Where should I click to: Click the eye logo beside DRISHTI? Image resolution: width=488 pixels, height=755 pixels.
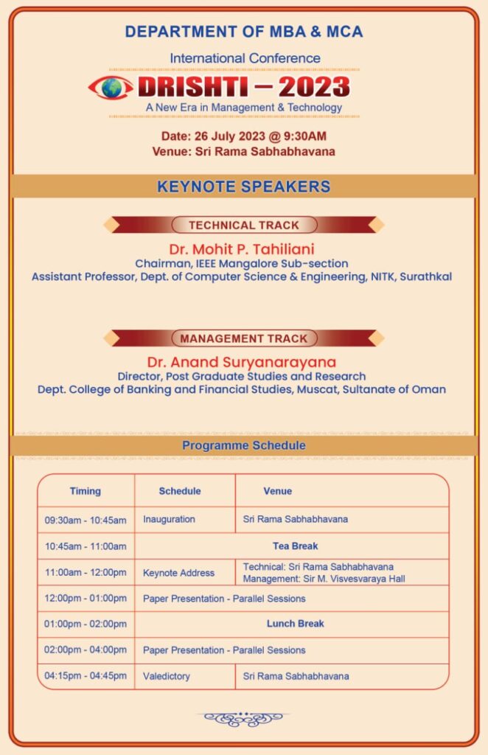click(x=111, y=88)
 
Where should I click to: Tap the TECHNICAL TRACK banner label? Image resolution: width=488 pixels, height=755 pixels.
click(x=244, y=225)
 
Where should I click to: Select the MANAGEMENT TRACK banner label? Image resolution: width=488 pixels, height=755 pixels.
click(x=244, y=338)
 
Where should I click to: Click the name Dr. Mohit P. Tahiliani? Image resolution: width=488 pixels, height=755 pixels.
click(x=242, y=248)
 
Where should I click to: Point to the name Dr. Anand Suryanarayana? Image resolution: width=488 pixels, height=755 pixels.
click(x=242, y=362)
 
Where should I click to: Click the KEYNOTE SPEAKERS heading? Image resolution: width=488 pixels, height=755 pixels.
click(x=243, y=187)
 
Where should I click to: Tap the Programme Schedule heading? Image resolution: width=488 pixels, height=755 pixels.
click(x=243, y=445)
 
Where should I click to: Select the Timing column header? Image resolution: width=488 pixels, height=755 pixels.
click(x=86, y=491)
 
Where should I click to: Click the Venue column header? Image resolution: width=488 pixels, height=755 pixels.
click(x=277, y=491)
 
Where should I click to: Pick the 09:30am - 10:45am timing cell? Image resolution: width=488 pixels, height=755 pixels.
click(x=86, y=520)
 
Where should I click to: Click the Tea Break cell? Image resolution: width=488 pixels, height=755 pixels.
click(x=295, y=546)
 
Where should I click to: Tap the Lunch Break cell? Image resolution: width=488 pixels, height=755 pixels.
click(x=295, y=624)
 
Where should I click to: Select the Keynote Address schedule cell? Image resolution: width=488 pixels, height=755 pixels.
click(x=178, y=573)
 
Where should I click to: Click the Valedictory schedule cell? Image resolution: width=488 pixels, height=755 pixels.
click(x=167, y=676)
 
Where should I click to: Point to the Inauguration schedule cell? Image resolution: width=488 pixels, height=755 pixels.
click(x=169, y=520)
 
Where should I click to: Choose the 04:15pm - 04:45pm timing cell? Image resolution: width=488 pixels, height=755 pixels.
click(x=86, y=676)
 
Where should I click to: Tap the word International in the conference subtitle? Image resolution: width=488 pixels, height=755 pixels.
click(x=202, y=58)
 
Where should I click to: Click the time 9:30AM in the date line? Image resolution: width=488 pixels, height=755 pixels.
click(x=302, y=136)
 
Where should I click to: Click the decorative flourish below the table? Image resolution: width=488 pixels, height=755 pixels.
click(x=243, y=718)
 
